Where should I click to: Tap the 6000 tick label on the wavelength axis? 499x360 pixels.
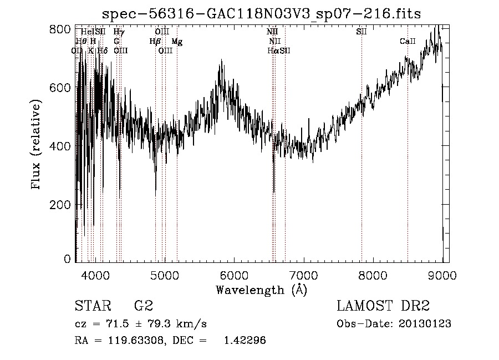233,275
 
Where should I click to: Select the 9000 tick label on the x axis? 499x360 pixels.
442,275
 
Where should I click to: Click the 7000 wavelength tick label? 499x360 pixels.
303,275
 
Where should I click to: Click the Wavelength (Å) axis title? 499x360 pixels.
261,290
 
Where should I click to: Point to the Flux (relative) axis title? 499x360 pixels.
37,145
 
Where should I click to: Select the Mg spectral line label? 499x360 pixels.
177,42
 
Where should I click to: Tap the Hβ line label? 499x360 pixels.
155,42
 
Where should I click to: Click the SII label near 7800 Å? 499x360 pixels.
361,32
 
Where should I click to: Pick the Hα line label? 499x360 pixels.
273,51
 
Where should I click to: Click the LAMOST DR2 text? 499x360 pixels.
383,306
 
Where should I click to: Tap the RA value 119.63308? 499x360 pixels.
132,341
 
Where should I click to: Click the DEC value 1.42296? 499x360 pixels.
244,341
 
